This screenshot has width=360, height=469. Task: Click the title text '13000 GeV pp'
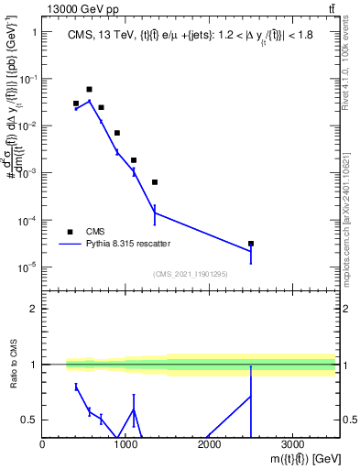[x=80, y=9]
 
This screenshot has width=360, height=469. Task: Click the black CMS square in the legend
[x=70, y=232]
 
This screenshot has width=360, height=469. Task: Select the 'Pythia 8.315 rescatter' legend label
[x=135, y=245]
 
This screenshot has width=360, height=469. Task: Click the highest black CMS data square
[x=89, y=90]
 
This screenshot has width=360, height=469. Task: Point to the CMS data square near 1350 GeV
[x=155, y=182]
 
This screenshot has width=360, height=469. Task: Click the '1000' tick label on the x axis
[x=125, y=443]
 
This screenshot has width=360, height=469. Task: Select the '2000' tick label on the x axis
[x=209, y=443]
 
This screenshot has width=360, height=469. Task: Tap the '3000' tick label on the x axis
[x=291, y=443]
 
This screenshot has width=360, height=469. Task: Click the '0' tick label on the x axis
[x=43, y=443]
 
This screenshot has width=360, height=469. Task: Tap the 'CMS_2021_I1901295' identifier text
[x=190, y=274]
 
